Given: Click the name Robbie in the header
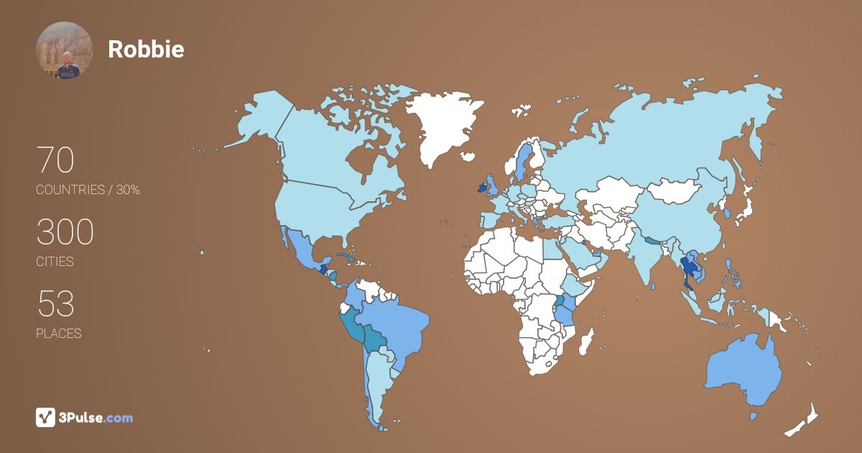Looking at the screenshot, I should (146, 49).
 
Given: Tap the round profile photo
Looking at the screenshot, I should (65, 50).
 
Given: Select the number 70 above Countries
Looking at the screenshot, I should (55, 160).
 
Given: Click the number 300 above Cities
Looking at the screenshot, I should (65, 232).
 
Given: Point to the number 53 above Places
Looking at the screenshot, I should (55, 303).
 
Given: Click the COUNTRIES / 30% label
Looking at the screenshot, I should (88, 190).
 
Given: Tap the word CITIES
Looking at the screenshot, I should (55, 262).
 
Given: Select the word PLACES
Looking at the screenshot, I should (58, 334).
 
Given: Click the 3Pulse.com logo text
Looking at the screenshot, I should (96, 418).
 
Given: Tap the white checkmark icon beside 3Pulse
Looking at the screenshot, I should (45, 417).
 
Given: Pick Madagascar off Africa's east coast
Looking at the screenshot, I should (587, 341).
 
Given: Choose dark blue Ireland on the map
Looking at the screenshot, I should (480, 188).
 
